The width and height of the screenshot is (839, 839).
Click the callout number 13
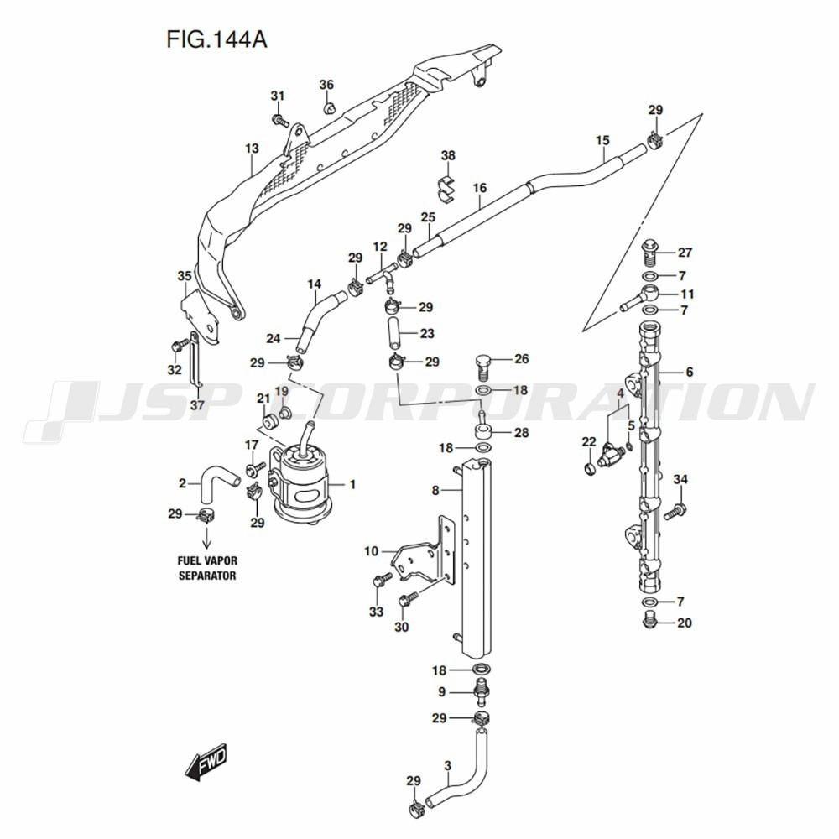click(x=252, y=149)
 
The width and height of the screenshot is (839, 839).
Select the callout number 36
click(x=326, y=85)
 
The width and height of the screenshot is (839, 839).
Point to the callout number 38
click(x=448, y=155)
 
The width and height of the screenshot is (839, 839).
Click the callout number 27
click(x=685, y=253)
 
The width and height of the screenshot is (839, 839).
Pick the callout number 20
click(x=685, y=623)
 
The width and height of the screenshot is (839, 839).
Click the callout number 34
click(x=680, y=479)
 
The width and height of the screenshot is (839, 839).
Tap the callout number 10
click(x=372, y=551)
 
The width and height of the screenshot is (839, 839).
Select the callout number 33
click(x=377, y=612)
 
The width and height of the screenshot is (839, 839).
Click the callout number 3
click(x=448, y=765)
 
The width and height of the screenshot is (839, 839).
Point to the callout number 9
click(x=441, y=692)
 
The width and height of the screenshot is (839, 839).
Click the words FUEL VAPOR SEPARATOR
click(x=206, y=568)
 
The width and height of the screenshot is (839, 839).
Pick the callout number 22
click(x=589, y=441)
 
